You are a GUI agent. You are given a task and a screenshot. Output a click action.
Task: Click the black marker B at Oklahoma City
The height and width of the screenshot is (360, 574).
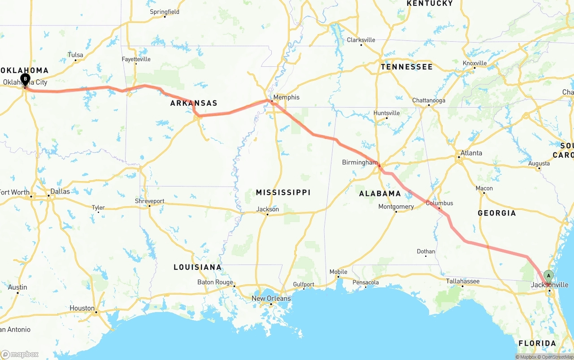point(26,79)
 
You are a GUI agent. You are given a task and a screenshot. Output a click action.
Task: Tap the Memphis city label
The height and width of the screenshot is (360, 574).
point(286,97)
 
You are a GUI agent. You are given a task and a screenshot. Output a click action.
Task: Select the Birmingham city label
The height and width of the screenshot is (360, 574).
point(360,162)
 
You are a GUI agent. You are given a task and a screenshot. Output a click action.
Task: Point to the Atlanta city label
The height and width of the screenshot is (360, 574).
point(471,153)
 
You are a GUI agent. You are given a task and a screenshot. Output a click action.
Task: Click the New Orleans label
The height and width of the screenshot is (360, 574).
point(271,299)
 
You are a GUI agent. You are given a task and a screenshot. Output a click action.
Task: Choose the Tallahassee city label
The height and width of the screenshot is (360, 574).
point(463,281)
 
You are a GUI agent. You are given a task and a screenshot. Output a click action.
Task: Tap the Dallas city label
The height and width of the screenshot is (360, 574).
point(60,191)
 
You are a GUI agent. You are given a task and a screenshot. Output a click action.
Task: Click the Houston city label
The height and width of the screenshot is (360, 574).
point(82,308)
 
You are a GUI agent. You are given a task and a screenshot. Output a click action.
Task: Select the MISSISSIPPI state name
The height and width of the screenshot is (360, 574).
point(283,192)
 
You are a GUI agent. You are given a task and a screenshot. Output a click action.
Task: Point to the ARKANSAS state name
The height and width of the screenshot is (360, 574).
point(194,103)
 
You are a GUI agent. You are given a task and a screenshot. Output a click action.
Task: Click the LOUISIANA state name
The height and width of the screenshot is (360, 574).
point(198,267)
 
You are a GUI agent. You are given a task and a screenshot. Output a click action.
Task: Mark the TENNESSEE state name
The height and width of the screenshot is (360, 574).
point(407,67)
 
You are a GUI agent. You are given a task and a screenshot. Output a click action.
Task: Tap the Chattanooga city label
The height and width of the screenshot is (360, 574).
point(429,100)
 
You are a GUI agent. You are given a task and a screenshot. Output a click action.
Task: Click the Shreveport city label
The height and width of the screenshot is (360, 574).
point(150,201)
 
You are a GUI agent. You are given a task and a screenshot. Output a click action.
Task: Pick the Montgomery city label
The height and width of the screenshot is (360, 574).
point(396,207)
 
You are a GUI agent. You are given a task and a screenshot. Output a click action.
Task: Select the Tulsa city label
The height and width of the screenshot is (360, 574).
point(75,55)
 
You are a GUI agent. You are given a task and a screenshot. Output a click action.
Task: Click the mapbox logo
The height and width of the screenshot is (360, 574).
point(20,354)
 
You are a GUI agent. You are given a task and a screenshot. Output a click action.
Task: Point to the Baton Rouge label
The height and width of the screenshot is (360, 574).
point(215,282)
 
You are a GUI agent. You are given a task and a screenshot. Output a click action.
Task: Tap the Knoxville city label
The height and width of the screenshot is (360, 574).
point(475,63)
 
